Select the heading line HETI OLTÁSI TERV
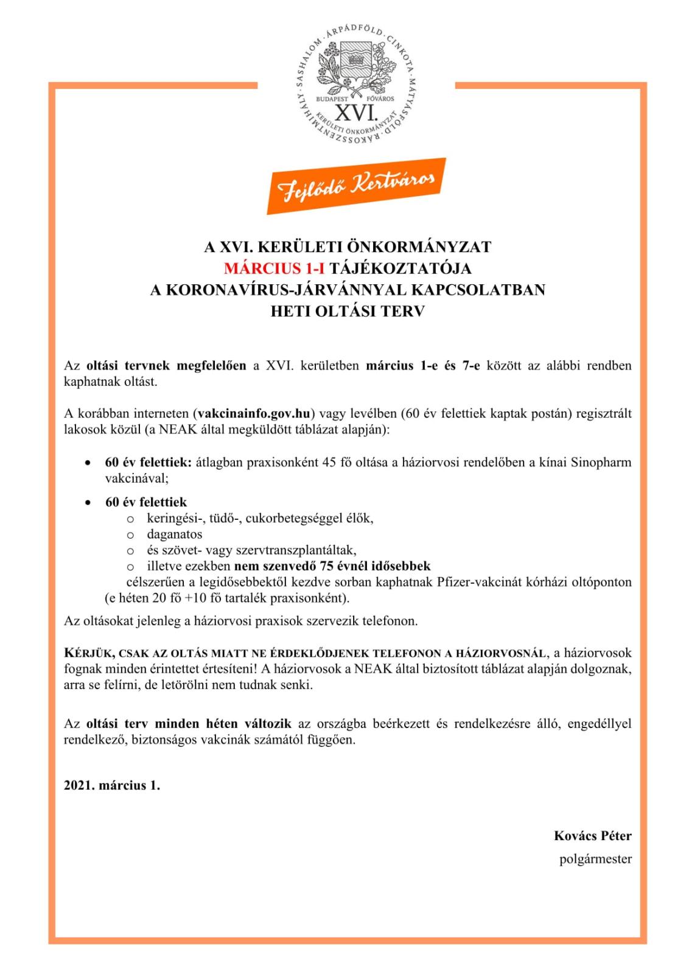pyautogui.click(x=348, y=311)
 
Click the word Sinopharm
pyautogui.click(x=601, y=462)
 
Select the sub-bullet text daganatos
pyautogui.click(x=174, y=534)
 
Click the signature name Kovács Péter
pyautogui.click(x=592, y=836)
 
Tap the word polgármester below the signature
pyautogui.click(x=595, y=859)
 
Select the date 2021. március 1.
pyautogui.click(x=112, y=785)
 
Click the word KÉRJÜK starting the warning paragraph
pyautogui.click(x=88, y=653)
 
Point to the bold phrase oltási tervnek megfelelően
pyautogui.click(x=166, y=366)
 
